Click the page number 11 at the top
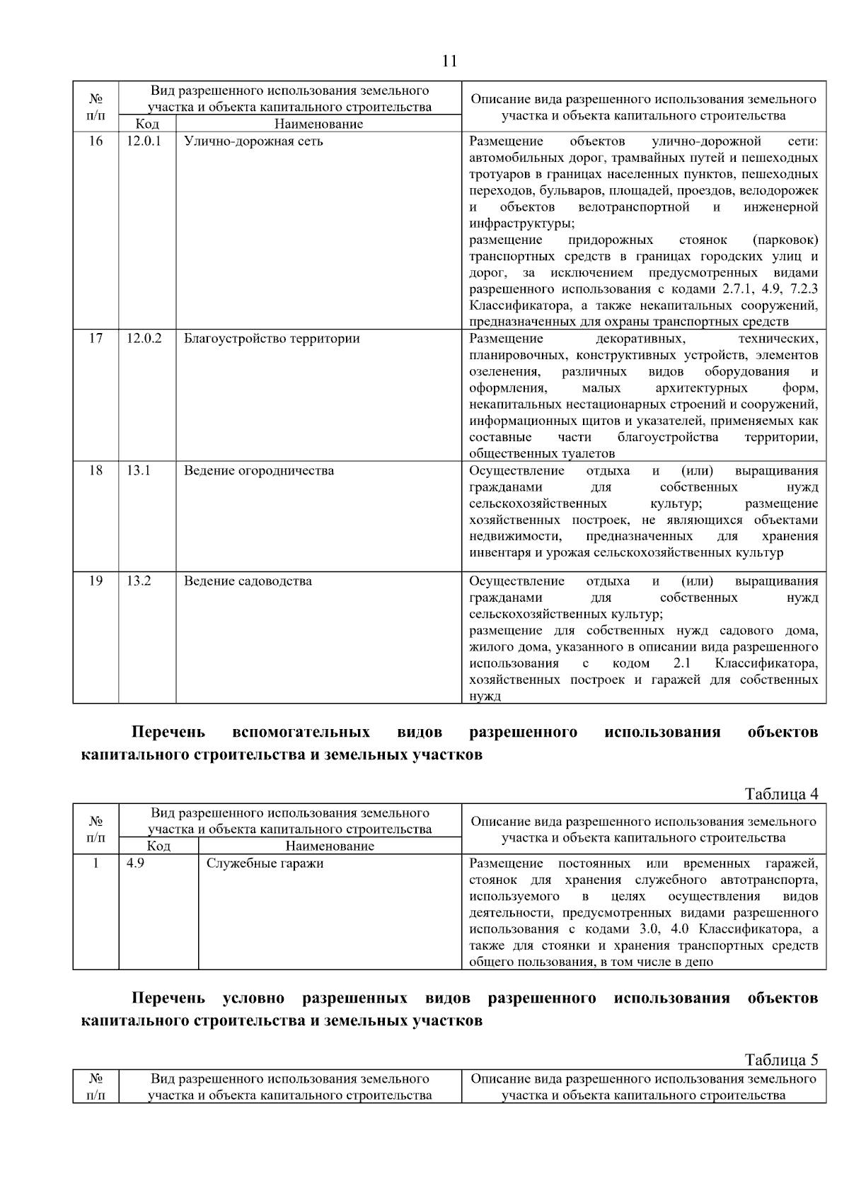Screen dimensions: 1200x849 (449, 61)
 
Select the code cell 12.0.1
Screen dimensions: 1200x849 (144, 141)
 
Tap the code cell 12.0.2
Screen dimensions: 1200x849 (144, 338)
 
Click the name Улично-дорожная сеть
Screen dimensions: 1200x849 (253, 141)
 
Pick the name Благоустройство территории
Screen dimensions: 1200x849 (272, 338)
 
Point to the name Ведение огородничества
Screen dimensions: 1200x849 (259, 470)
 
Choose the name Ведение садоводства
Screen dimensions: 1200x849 (248, 581)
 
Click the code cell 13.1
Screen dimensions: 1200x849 (139, 470)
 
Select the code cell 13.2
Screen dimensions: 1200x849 (139, 581)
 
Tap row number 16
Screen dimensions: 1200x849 (96, 141)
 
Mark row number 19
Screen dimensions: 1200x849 (96, 581)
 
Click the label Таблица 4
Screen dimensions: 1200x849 (781, 793)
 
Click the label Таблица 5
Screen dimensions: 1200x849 (781, 1059)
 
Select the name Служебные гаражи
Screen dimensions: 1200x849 (265, 863)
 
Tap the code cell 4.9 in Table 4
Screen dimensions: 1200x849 (135, 863)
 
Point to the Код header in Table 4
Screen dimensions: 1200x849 (158, 846)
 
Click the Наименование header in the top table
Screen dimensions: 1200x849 (318, 124)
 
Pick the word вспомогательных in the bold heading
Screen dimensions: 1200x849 (301, 732)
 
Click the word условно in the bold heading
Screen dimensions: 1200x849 (253, 998)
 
